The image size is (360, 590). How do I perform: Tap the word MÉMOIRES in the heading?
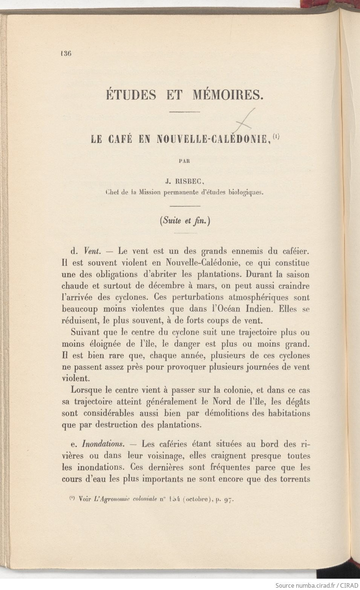point(228,95)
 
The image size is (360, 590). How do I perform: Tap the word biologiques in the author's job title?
point(245,193)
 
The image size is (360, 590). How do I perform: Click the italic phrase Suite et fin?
point(185,221)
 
